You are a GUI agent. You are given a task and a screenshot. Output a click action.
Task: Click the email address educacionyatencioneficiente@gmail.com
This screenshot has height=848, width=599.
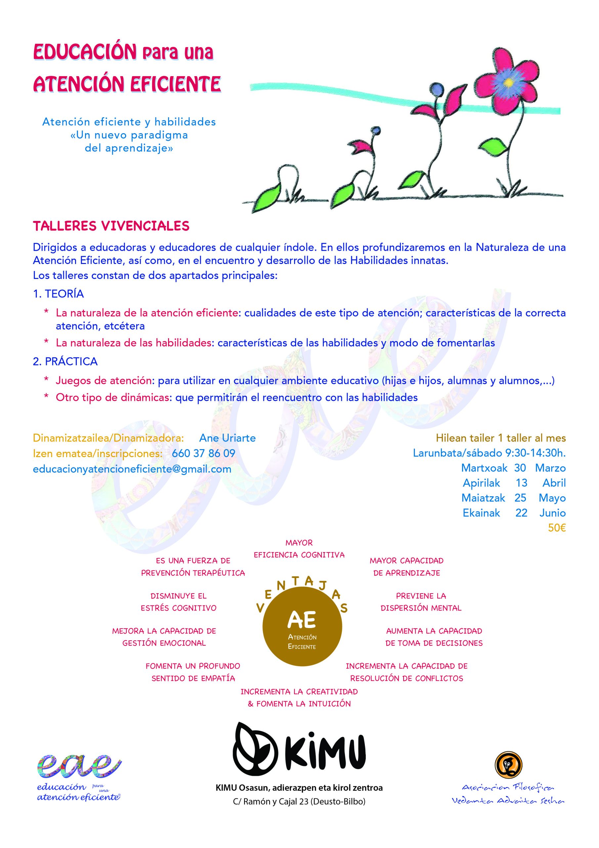click(132, 469)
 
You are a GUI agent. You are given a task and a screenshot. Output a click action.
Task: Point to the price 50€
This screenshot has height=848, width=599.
click(557, 528)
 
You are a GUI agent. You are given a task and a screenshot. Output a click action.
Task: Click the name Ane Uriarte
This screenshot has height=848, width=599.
click(227, 438)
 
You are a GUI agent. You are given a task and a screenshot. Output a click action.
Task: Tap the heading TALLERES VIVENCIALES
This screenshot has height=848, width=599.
click(111, 226)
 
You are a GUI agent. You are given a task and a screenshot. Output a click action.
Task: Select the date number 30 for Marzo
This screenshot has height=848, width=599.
click(520, 468)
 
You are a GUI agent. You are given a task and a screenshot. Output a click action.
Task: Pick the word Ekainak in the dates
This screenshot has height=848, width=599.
click(481, 513)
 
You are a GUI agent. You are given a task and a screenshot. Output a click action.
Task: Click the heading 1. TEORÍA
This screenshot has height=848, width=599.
click(58, 294)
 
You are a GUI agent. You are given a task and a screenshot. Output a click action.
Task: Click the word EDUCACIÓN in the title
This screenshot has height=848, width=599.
click(85, 52)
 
